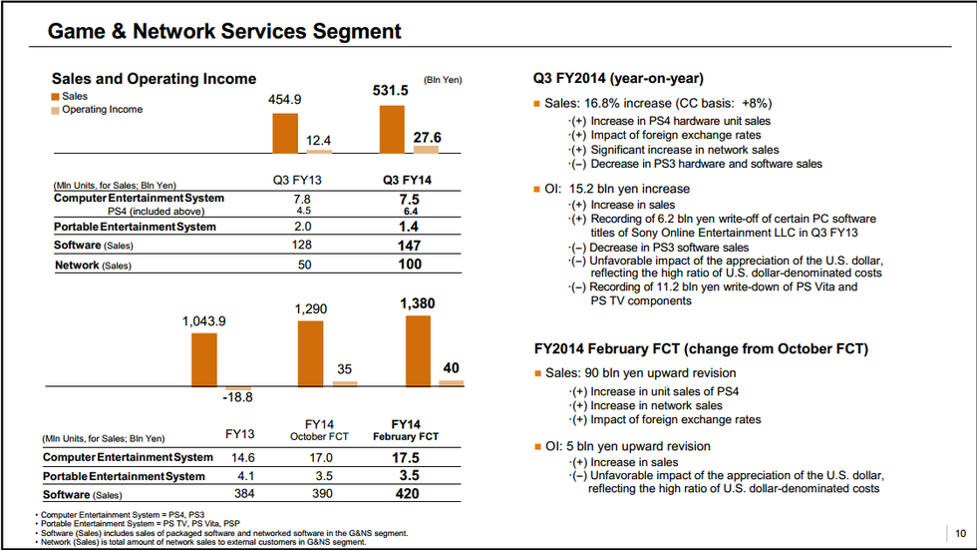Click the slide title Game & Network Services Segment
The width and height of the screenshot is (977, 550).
pos(224,31)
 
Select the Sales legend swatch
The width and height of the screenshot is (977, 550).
pos(56,96)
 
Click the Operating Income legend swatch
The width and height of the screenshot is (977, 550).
pos(56,110)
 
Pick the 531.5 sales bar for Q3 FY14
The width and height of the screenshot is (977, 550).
pos(392,128)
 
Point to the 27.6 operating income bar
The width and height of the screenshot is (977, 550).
pos(426,149)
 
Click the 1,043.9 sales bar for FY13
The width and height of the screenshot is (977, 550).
pos(203,359)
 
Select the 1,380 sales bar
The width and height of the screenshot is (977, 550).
pos(419,349)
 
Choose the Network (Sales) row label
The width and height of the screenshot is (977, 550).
pos(92,266)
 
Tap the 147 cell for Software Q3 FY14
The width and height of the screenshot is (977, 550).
pos(410,245)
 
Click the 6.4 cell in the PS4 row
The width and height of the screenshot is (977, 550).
pos(409,211)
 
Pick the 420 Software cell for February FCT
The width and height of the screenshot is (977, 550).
pos(406,494)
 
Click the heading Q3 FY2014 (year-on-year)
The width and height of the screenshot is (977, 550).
pos(620,79)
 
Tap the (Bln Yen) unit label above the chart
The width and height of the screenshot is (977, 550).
pos(443,80)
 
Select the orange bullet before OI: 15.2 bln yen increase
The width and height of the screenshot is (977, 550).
pos(536,189)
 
